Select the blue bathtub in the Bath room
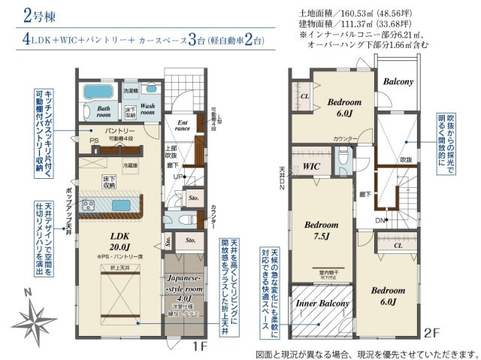click(95, 92)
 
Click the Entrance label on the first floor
click(181, 125)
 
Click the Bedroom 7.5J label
click(321, 230)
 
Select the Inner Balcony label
click(322, 304)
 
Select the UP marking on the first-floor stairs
click(177, 176)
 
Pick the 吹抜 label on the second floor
click(405, 160)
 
